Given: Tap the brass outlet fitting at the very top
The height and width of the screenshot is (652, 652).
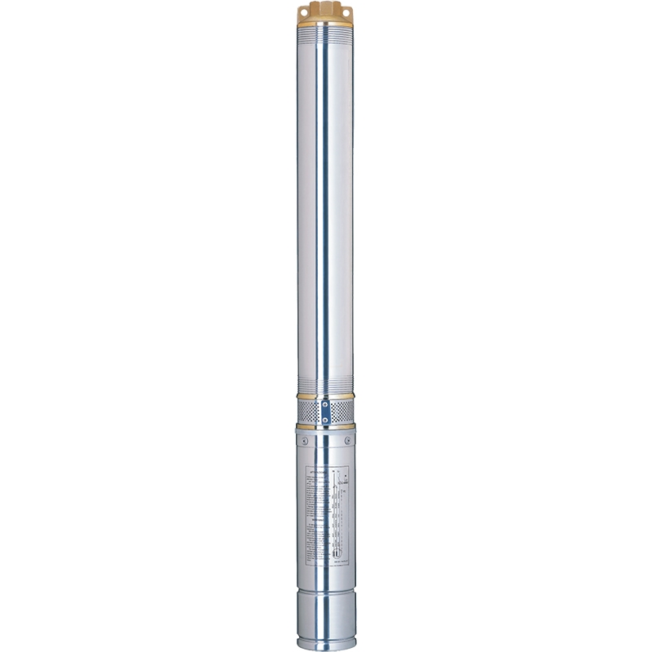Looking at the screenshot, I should pyautogui.click(x=326, y=10).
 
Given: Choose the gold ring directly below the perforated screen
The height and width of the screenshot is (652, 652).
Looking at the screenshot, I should pyautogui.click(x=326, y=425).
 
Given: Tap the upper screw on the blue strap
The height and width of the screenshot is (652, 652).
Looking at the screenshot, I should pyautogui.click(x=326, y=403).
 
